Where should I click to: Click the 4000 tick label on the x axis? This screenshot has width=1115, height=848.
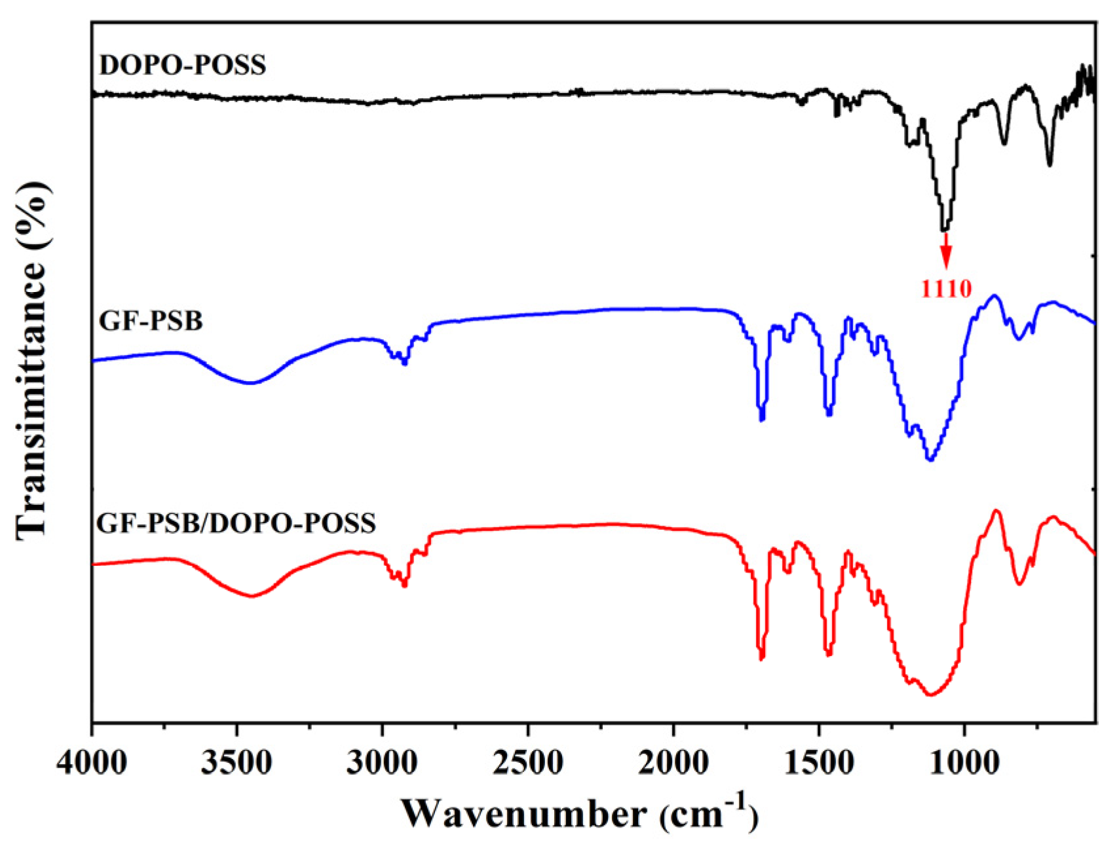click(92, 764)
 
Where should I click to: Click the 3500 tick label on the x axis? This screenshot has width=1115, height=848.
click(237, 764)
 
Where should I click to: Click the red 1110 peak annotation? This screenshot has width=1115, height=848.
click(946, 288)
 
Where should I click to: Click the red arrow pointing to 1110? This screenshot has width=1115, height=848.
click(945, 252)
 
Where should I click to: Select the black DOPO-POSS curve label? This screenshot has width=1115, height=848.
click(183, 65)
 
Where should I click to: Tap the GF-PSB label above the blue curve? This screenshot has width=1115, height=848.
click(151, 321)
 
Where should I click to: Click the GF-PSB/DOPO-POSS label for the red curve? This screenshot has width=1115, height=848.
click(236, 523)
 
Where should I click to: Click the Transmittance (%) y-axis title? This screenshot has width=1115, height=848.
click(33, 360)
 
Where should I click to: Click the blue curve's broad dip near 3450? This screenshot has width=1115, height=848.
click(250, 383)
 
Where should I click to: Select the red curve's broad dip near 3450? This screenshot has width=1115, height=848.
click(252, 596)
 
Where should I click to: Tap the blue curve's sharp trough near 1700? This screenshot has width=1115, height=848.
click(761, 419)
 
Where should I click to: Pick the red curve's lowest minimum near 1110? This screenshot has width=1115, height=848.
click(930, 695)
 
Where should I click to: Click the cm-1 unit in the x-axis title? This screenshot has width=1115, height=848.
click(708, 814)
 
